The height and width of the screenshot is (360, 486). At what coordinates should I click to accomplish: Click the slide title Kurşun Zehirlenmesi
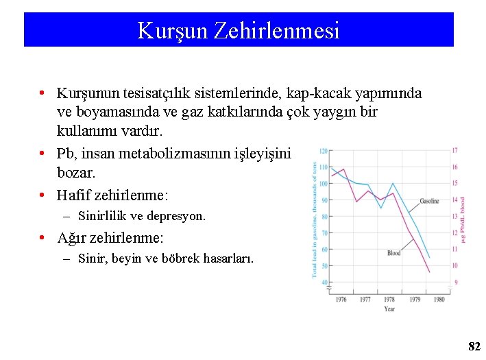[x=238, y=30]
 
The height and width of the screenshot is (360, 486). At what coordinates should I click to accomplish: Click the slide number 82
[x=474, y=347]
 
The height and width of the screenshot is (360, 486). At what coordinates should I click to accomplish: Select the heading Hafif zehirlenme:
[x=112, y=195]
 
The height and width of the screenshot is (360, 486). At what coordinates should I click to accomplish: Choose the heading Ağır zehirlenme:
[x=110, y=239]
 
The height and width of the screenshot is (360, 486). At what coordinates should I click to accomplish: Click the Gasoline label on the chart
[x=429, y=201]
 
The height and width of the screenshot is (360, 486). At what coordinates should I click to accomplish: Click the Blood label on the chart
[x=393, y=253]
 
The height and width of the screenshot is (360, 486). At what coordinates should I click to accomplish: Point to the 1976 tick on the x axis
[x=341, y=299]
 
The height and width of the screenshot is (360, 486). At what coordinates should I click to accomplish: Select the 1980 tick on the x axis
[x=439, y=299]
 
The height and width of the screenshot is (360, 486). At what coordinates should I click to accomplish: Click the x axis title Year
[x=389, y=309]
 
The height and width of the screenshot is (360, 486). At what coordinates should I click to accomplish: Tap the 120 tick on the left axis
[x=323, y=151]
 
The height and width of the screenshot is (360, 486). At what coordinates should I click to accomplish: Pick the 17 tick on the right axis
[x=455, y=150]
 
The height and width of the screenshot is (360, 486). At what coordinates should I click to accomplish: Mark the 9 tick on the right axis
[x=455, y=282]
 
